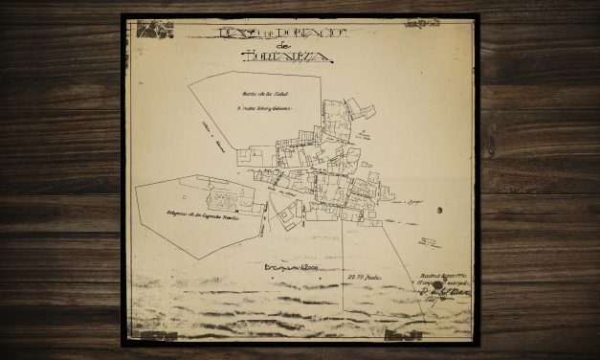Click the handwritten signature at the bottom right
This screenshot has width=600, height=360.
coord(443,288)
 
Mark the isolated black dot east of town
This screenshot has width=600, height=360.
coord(440,209)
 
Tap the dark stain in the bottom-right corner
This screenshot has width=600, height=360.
coord(407,334)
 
